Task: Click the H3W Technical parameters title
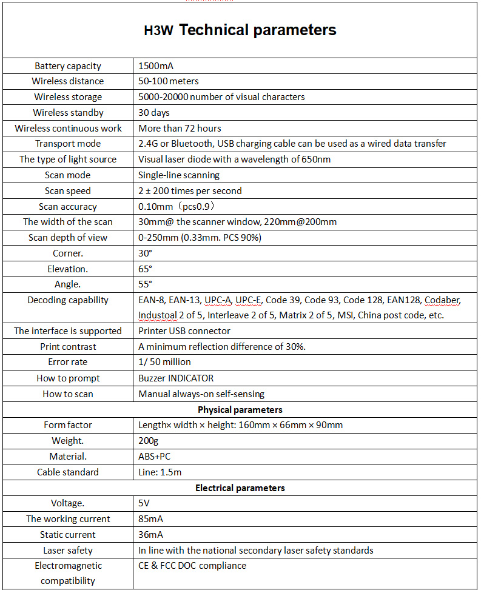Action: pyautogui.click(x=240, y=30)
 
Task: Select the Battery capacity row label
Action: pyautogui.click(x=68, y=66)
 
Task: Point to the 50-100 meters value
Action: pyautogui.click(x=169, y=81)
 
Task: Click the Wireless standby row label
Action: pyautogui.click(x=68, y=113)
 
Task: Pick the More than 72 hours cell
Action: pyautogui.click(x=180, y=129)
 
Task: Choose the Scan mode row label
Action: pyautogui.click(x=68, y=175)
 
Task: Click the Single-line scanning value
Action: pyautogui.click(x=179, y=175)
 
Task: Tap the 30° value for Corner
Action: pyautogui.click(x=146, y=253)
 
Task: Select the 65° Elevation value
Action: pyautogui.click(x=146, y=269)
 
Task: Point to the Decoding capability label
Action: pyautogui.click(x=68, y=300)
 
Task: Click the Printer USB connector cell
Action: pyautogui.click(x=184, y=331)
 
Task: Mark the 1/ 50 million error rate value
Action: pyautogui.click(x=164, y=362)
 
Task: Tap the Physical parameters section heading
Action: pyautogui.click(x=240, y=409)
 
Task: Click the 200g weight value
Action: pyautogui.click(x=148, y=440)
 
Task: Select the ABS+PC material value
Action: pyautogui.click(x=155, y=456)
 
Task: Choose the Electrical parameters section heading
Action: pyautogui.click(x=240, y=488)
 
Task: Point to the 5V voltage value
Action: pyautogui.click(x=144, y=503)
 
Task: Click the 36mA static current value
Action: pyautogui.click(x=150, y=535)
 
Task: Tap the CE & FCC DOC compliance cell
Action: pyautogui.click(x=192, y=566)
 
